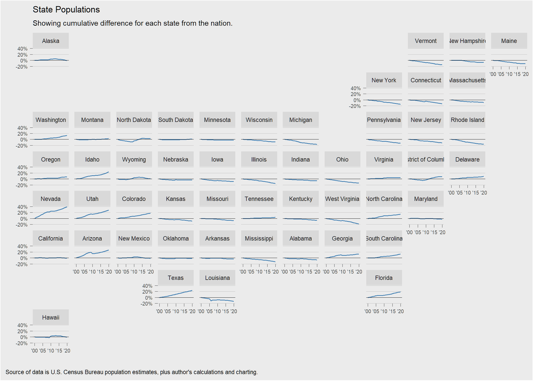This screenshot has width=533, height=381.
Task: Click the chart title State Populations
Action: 66,10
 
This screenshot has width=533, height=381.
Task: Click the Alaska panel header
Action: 51,41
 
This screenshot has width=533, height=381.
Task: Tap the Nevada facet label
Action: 51,199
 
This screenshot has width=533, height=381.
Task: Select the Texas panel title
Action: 176,278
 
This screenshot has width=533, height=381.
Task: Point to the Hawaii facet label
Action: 51,318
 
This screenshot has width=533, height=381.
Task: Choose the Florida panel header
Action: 384,278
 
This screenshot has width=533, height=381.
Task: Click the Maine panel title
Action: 509,41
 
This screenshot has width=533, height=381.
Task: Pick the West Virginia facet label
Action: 342,199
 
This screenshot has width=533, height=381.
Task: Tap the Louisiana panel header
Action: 217,278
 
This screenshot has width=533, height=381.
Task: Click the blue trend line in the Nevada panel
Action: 50,211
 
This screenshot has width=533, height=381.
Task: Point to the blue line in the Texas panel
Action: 176,294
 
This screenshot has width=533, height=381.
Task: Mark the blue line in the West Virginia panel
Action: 342,221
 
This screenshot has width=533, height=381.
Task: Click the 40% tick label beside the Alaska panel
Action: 22,49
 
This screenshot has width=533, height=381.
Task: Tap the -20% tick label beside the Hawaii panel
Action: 22,343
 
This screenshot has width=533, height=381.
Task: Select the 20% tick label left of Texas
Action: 147,292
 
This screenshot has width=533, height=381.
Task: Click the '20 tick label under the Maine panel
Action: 525,74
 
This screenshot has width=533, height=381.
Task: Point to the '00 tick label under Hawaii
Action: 34,351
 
